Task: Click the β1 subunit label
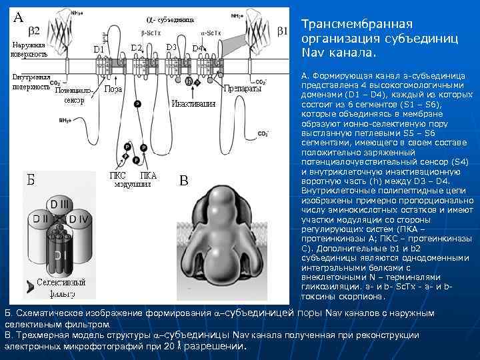click(x=282, y=31)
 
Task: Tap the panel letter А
click(x=19, y=17)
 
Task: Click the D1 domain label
click(x=98, y=49)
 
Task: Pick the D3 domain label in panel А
click(x=171, y=47)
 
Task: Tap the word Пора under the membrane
click(x=113, y=89)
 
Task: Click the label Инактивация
click(x=193, y=103)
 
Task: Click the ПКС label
click(x=117, y=175)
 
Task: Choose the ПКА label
click(x=148, y=175)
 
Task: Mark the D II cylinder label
click(x=42, y=219)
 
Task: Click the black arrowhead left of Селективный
click(x=30, y=286)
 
